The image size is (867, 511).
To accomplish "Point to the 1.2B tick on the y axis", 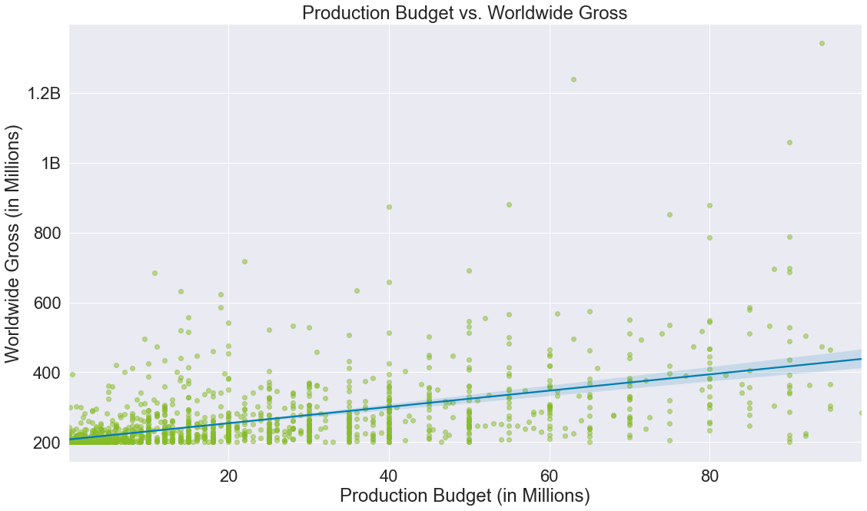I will tap(43, 94).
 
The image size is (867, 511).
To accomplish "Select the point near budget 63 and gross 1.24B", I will tap(573, 79).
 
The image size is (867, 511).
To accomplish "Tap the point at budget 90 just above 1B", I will tap(789, 142).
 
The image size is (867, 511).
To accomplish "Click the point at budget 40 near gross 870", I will tap(389, 207).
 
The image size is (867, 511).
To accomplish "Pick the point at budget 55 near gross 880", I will tap(509, 204).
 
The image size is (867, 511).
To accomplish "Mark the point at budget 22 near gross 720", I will tap(244, 261).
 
